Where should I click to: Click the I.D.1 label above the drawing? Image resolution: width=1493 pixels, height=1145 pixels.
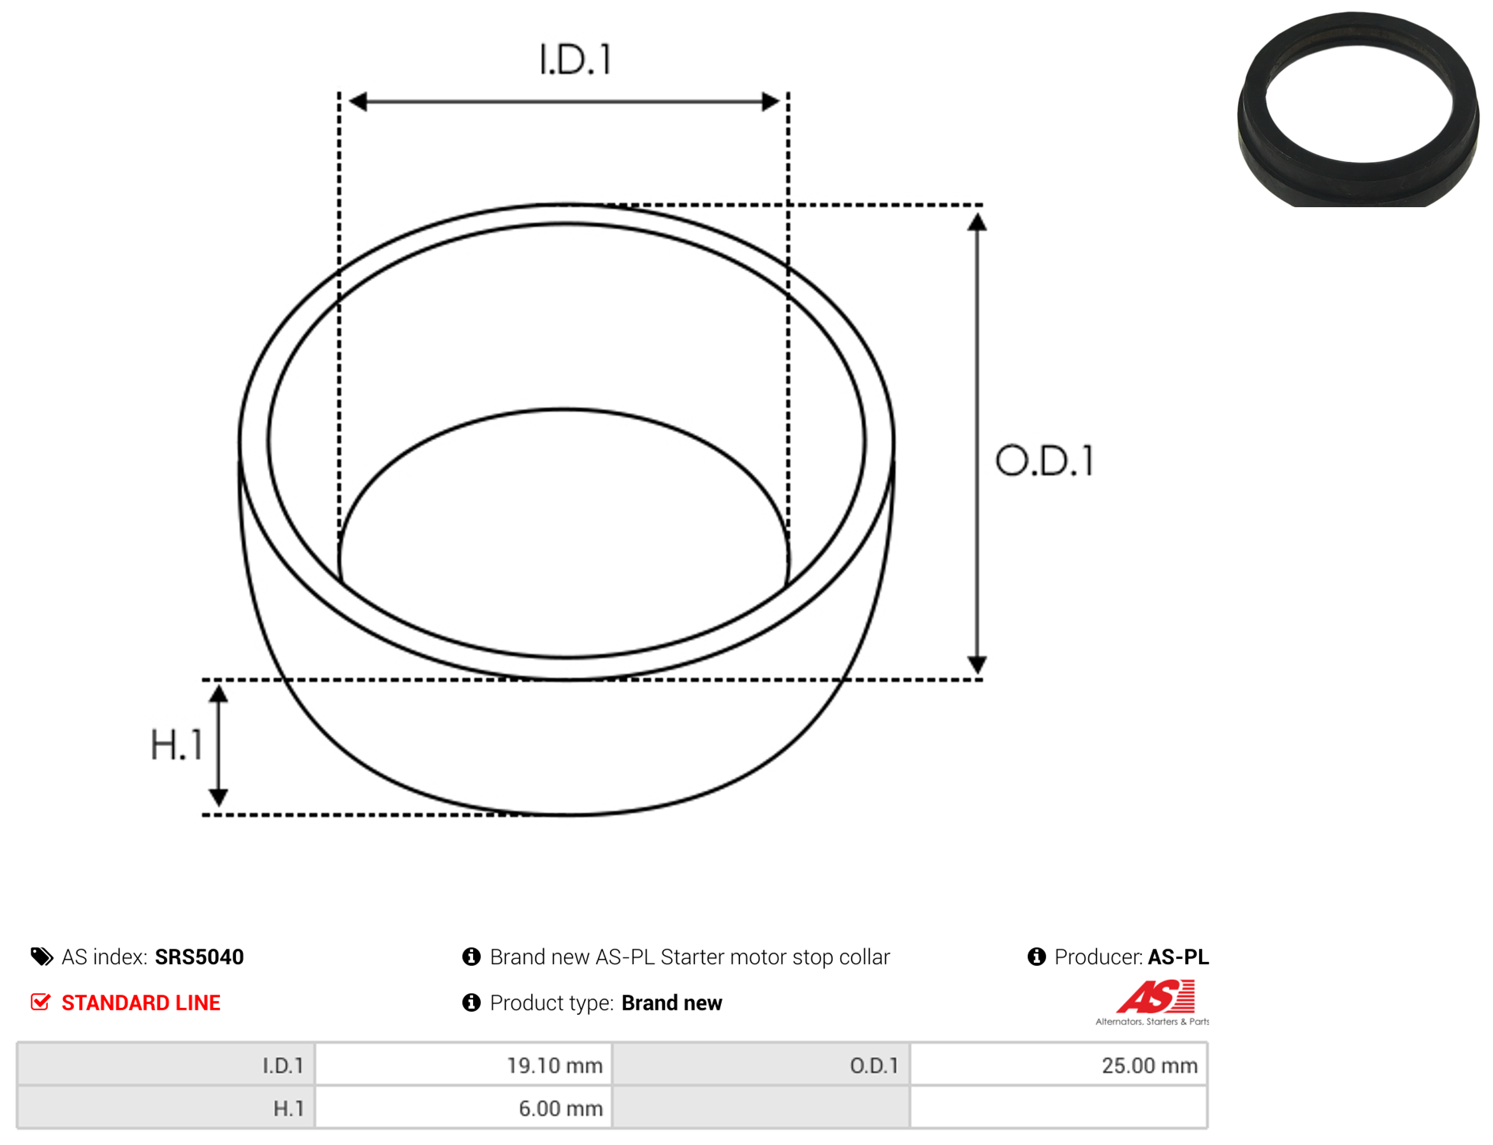[x=575, y=59]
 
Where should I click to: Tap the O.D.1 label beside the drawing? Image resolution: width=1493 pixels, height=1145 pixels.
[x=1045, y=461]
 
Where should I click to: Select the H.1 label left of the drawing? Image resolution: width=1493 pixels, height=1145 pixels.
[x=177, y=744]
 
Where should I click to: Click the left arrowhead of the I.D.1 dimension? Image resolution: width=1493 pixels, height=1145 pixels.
[x=358, y=101]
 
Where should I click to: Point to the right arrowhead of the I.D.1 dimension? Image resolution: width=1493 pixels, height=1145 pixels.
[x=771, y=101]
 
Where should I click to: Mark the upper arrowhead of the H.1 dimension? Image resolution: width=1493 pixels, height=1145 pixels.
[x=218, y=694]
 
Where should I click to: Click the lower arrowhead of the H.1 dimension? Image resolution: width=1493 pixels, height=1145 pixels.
[x=218, y=797]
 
